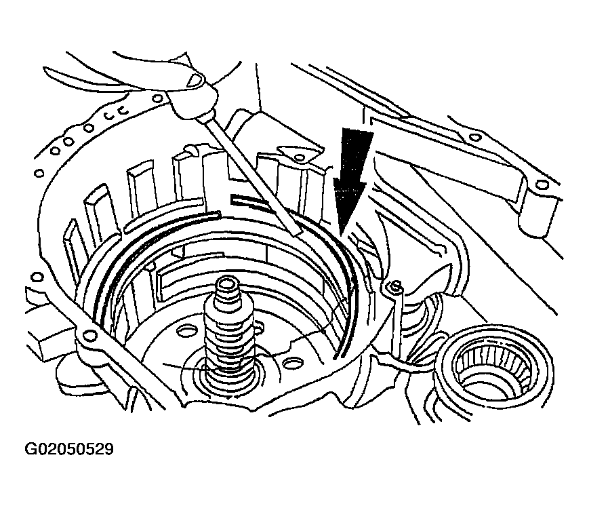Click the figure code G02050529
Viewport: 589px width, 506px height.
[x=69, y=449]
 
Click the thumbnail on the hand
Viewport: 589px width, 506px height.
[x=195, y=79]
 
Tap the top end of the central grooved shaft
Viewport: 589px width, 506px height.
[x=226, y=283]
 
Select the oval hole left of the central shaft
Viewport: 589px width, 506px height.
[x=186, y=331]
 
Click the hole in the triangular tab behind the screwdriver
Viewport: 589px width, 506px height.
[x=299, y=157]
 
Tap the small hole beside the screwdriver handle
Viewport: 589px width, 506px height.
[x=158, y=99]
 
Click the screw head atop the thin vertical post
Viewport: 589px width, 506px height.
[x=394, y=288]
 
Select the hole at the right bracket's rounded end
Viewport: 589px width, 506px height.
[x=540, y=184]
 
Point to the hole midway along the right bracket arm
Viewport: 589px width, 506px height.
[x=476, y=137]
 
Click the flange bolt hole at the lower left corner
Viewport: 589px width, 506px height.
[x=89, y=334]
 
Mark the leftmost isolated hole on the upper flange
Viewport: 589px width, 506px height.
[x=38, y=174]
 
